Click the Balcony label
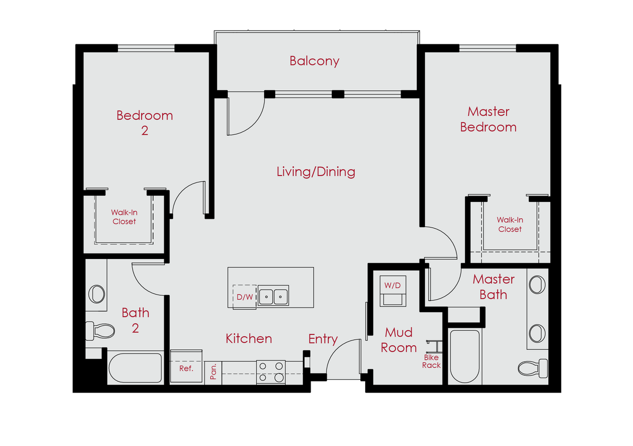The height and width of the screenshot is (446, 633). (314, 61)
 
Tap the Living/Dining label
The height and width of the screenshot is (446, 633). (315, 172)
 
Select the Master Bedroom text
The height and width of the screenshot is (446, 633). (488, 119)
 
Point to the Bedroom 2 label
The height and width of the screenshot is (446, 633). (144, 123)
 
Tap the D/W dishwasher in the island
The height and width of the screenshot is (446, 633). (244, 297)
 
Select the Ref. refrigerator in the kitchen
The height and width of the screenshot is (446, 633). (186, 368)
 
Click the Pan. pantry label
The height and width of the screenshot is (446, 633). (213, 371)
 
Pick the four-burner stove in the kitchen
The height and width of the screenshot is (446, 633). (271, 371)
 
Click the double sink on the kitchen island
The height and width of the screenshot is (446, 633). (273, 296)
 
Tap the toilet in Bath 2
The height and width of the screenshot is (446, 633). (100, 332)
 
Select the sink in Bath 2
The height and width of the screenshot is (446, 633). (97, 294)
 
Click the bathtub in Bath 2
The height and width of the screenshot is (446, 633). (135, 368)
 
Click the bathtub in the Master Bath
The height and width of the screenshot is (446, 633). (464, 356)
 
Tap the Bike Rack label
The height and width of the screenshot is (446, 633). (431, 361)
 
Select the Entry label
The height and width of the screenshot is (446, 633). (323, 339)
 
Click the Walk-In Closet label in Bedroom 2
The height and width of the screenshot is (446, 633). (124, 217)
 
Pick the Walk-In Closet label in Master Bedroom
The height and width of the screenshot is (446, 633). (509, 225)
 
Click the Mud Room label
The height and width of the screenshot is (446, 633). (399, 340)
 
